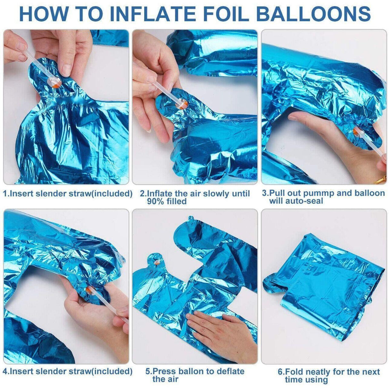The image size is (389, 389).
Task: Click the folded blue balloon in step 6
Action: (x=324, y=288)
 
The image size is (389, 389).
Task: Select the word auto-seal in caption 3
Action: (x=307, y=201)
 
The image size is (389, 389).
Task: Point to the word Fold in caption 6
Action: (x=293, y=372)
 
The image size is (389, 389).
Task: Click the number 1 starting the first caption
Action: (x=5, y=194)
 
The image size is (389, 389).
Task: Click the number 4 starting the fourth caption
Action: (x=5, y=371)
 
